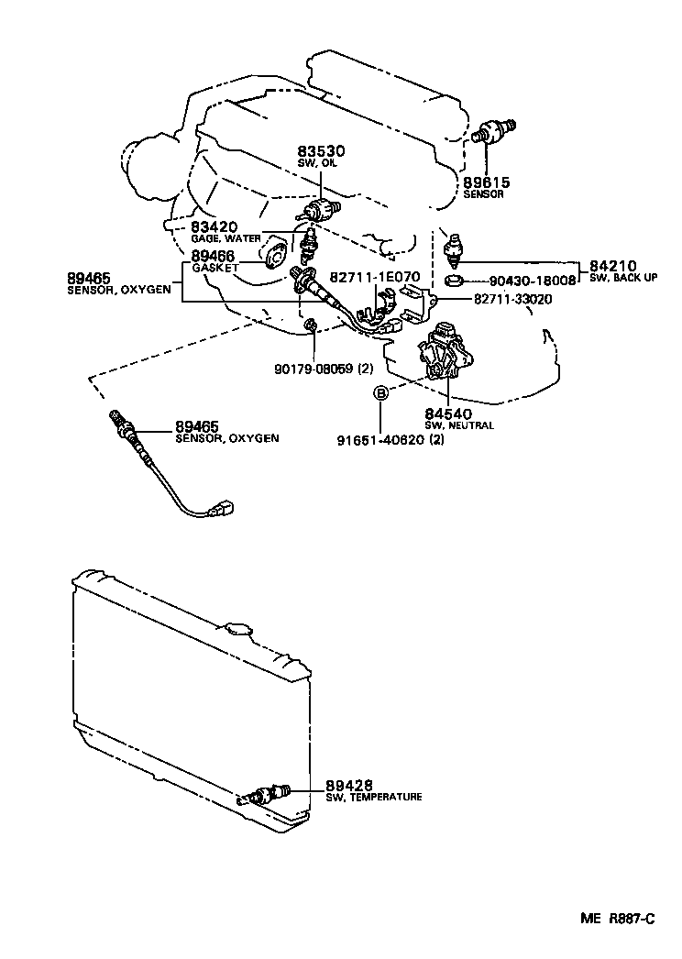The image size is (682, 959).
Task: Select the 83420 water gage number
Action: click(x=214, y=226)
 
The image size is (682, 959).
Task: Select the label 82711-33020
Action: click(x=512, y=299)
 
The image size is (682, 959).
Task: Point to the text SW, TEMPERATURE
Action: click(x=373, y=798)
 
